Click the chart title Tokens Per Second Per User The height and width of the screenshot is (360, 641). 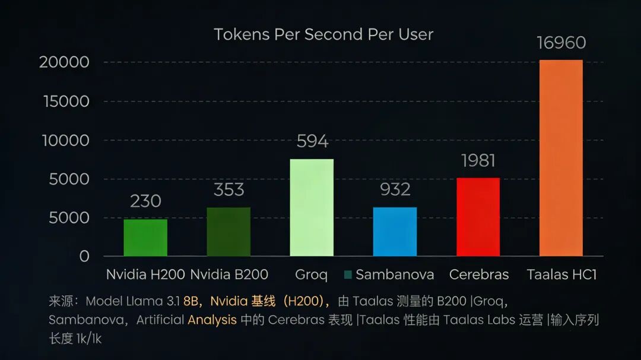(x=323, y=34)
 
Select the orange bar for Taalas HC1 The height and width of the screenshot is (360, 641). (x=561, y=158)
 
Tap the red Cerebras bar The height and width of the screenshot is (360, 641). (x=478, y=217)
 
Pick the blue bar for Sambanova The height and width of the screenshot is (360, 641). (x=395, y=232)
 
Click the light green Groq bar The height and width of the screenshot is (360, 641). (x=312, y=208)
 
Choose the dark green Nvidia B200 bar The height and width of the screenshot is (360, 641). (x=229, y=232)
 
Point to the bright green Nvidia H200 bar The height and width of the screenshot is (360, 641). (x=145, y=238)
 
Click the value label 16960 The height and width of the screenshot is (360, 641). (x=561, y=43)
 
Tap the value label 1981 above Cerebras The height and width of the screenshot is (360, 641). (x=478, y=161)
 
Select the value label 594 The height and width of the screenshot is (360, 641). (x=312, y=141)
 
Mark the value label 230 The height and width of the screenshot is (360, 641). (x=145, y=201)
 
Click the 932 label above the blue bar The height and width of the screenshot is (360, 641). (x=395, y=189)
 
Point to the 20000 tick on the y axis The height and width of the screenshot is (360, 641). (x=64, y=62)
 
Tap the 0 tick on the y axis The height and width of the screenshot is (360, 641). (x=84, y=256)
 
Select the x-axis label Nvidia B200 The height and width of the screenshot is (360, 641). (x=229, y=275)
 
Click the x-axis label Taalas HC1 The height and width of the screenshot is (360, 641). (x=561, y=275)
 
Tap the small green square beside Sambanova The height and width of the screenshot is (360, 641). (x=348, y=275)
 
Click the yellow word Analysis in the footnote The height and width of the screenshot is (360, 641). (x=212, y=320)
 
